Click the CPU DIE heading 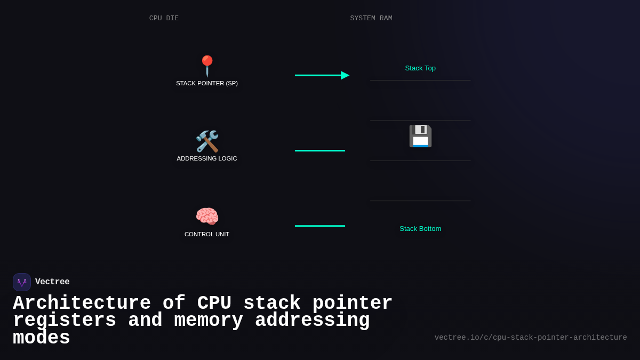[164, 18]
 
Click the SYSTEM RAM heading [371, 18]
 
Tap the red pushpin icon [207, 66]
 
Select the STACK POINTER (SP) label [207, 83]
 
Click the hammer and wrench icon [207, 141]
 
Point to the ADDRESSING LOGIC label [207, 158]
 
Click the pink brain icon [207, 217]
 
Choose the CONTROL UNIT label [207, 234]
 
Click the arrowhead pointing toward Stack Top [345, 75]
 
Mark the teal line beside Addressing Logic [320, 150]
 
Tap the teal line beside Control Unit [320, 226]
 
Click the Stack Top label [420, 68]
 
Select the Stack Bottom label [420, 228]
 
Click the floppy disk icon [420, 136]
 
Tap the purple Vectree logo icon [22, 282]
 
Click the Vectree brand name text [52, 282]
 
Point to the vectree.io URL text [531, 338]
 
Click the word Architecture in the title [82, 303]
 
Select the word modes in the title [42, 338]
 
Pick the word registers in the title [65, 321]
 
